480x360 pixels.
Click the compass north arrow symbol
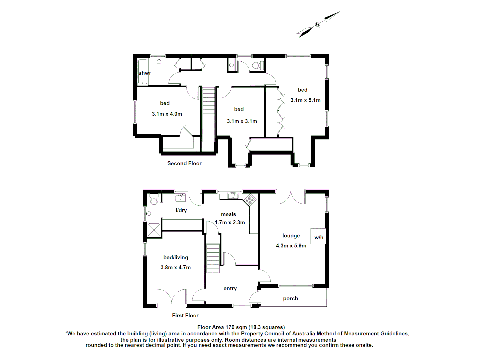[x=318, y=24]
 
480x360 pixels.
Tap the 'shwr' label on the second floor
[x=145, y=73]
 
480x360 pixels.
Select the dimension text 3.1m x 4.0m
[x=167, y=114]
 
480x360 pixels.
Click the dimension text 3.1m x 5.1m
[x=305, y=100]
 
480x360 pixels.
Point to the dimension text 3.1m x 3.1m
[x=242, y=121]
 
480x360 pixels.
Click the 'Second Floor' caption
[x=184, y=163]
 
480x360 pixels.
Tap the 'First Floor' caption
[x=185, y=315]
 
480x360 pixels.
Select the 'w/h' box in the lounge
[x=318, y=237]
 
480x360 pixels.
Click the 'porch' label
[x=290, y=298]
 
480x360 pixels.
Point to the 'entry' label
[x=230, y=288]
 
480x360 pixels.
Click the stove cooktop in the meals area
[x=250, y=200]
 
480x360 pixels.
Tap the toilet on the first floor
[x=154, y=199]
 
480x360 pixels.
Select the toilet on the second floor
[x=257, y=65]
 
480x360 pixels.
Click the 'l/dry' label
[x=181, y=210]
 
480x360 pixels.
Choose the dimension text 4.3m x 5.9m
[x=291, y=246]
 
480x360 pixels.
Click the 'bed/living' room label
[x=176, y=257]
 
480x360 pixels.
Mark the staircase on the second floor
[x=209, y=114]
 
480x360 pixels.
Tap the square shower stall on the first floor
[x=154, y=230]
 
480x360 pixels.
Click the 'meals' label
[x=228, y=214]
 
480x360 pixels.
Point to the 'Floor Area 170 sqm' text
[x=241, y=327]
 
